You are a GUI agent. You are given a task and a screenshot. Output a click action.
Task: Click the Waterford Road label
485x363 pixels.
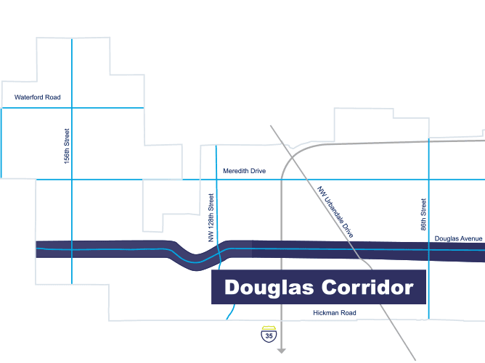[x=38, y=97]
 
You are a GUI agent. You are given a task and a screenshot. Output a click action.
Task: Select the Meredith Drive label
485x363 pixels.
[x=245, y=171]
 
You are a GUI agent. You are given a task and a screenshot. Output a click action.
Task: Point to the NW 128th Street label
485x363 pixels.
[x=211, y=217]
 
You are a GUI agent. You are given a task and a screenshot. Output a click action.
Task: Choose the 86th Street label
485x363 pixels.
[x=423, y=214]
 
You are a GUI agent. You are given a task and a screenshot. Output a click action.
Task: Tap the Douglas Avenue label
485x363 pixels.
[x=458, y=238]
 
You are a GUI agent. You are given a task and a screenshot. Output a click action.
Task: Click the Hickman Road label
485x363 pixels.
[x=335, y=313]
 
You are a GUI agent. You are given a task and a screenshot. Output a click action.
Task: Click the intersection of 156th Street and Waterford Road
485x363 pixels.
[x=72, y=108]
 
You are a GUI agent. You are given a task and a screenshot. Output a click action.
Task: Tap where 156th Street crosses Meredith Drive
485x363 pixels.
[x=72, y=179]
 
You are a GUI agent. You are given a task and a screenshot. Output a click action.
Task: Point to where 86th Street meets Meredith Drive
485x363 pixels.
[x=429, y=179]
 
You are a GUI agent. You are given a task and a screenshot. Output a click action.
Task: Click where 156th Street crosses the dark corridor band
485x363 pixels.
[x=72, y=249]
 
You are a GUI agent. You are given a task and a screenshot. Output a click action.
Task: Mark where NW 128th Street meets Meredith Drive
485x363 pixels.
[x=217, y=179]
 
